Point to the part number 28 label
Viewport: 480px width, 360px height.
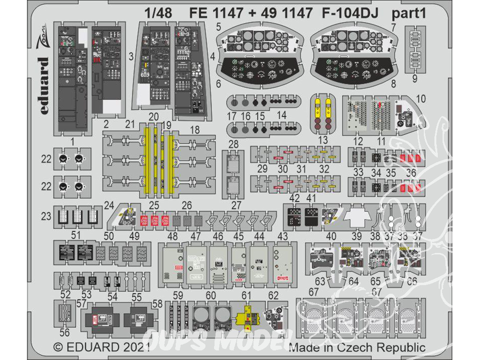point(234,144)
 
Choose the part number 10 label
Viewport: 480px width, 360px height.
point(421,99)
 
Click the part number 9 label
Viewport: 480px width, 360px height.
point(414,78)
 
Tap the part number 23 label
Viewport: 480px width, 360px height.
point(47,216)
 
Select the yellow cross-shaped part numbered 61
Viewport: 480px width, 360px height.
point(246,317)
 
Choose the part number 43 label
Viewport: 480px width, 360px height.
point(283,236)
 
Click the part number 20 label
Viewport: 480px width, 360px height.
point(154,117)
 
